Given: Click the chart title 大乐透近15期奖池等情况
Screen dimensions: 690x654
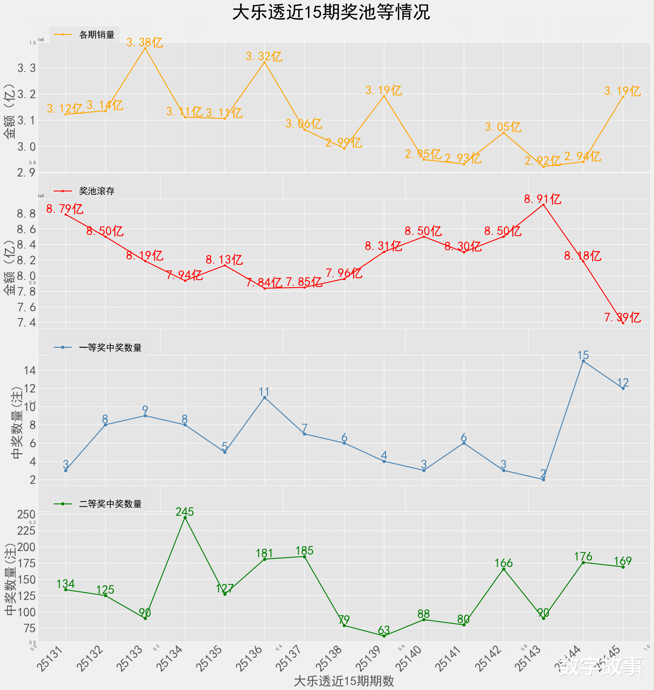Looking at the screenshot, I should [331, 12].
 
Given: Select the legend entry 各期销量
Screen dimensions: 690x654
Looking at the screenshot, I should [97, 35].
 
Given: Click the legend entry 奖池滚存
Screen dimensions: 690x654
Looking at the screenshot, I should [97, 191].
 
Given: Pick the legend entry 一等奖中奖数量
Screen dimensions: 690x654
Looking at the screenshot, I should [110, 348].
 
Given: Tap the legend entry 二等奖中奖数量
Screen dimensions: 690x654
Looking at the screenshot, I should [110, 504].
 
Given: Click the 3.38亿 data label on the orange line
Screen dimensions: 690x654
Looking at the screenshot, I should [145, 42].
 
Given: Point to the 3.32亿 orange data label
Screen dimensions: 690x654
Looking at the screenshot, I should [264, 56].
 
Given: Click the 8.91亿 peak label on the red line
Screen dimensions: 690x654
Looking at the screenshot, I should [542, 199].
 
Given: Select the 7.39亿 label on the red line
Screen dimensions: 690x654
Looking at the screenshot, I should [622, 318].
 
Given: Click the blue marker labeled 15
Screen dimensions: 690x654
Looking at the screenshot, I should [583, 361].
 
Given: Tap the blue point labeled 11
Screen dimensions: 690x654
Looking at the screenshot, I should [265, 397].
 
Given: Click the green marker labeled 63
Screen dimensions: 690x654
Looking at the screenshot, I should [384, 636].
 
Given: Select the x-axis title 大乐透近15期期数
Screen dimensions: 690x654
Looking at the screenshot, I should [344, 681].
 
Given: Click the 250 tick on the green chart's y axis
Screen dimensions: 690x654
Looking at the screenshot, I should [26, 514].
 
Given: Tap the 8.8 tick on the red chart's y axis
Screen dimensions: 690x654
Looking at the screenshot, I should [26, 214].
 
